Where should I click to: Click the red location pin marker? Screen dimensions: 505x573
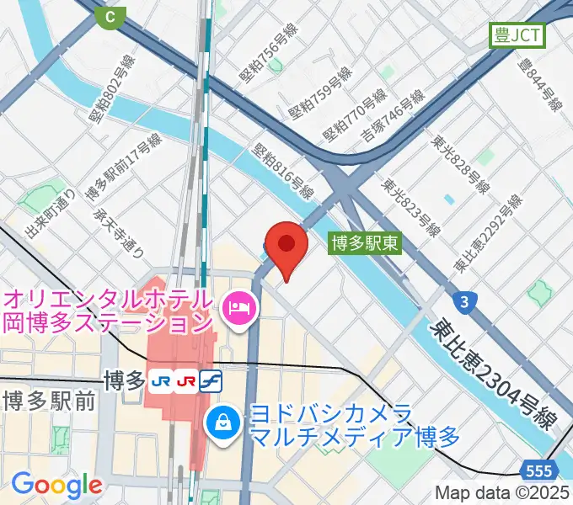[286, 246]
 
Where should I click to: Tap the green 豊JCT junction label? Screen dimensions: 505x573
[518, 35]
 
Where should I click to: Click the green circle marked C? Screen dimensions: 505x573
[109, 15]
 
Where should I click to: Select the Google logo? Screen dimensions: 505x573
[56, 484]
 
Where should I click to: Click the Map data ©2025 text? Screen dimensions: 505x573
[503, 492]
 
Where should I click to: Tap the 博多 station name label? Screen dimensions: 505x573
[124, 380]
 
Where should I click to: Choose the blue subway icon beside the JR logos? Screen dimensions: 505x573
[211, 380]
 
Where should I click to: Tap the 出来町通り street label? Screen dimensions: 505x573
[40, 215]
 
